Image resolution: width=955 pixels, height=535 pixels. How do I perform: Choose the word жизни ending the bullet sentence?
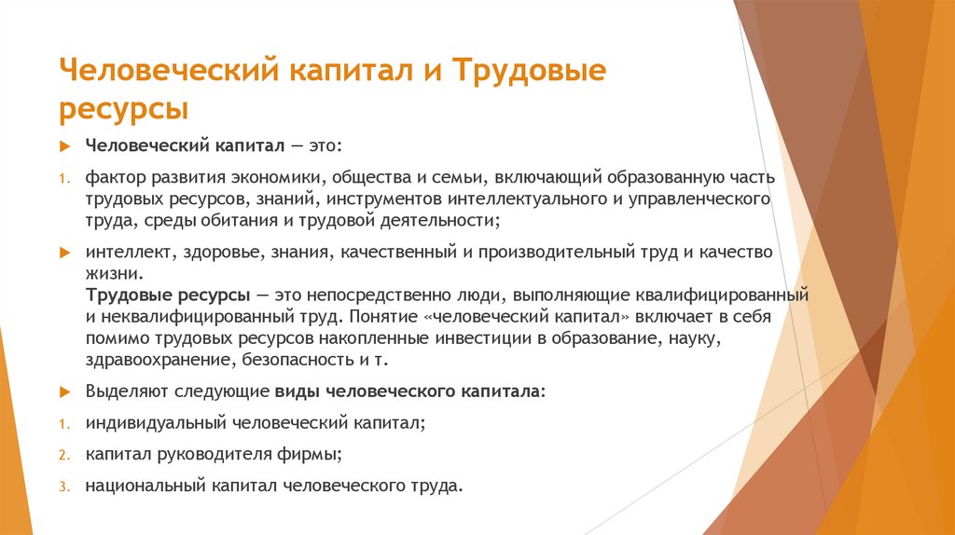[113, 274]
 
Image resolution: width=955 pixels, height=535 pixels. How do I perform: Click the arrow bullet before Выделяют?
[64, 391]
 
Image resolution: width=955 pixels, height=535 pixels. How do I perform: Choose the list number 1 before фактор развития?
[64, 177]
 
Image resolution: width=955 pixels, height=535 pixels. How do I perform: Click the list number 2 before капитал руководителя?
[64, 456]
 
